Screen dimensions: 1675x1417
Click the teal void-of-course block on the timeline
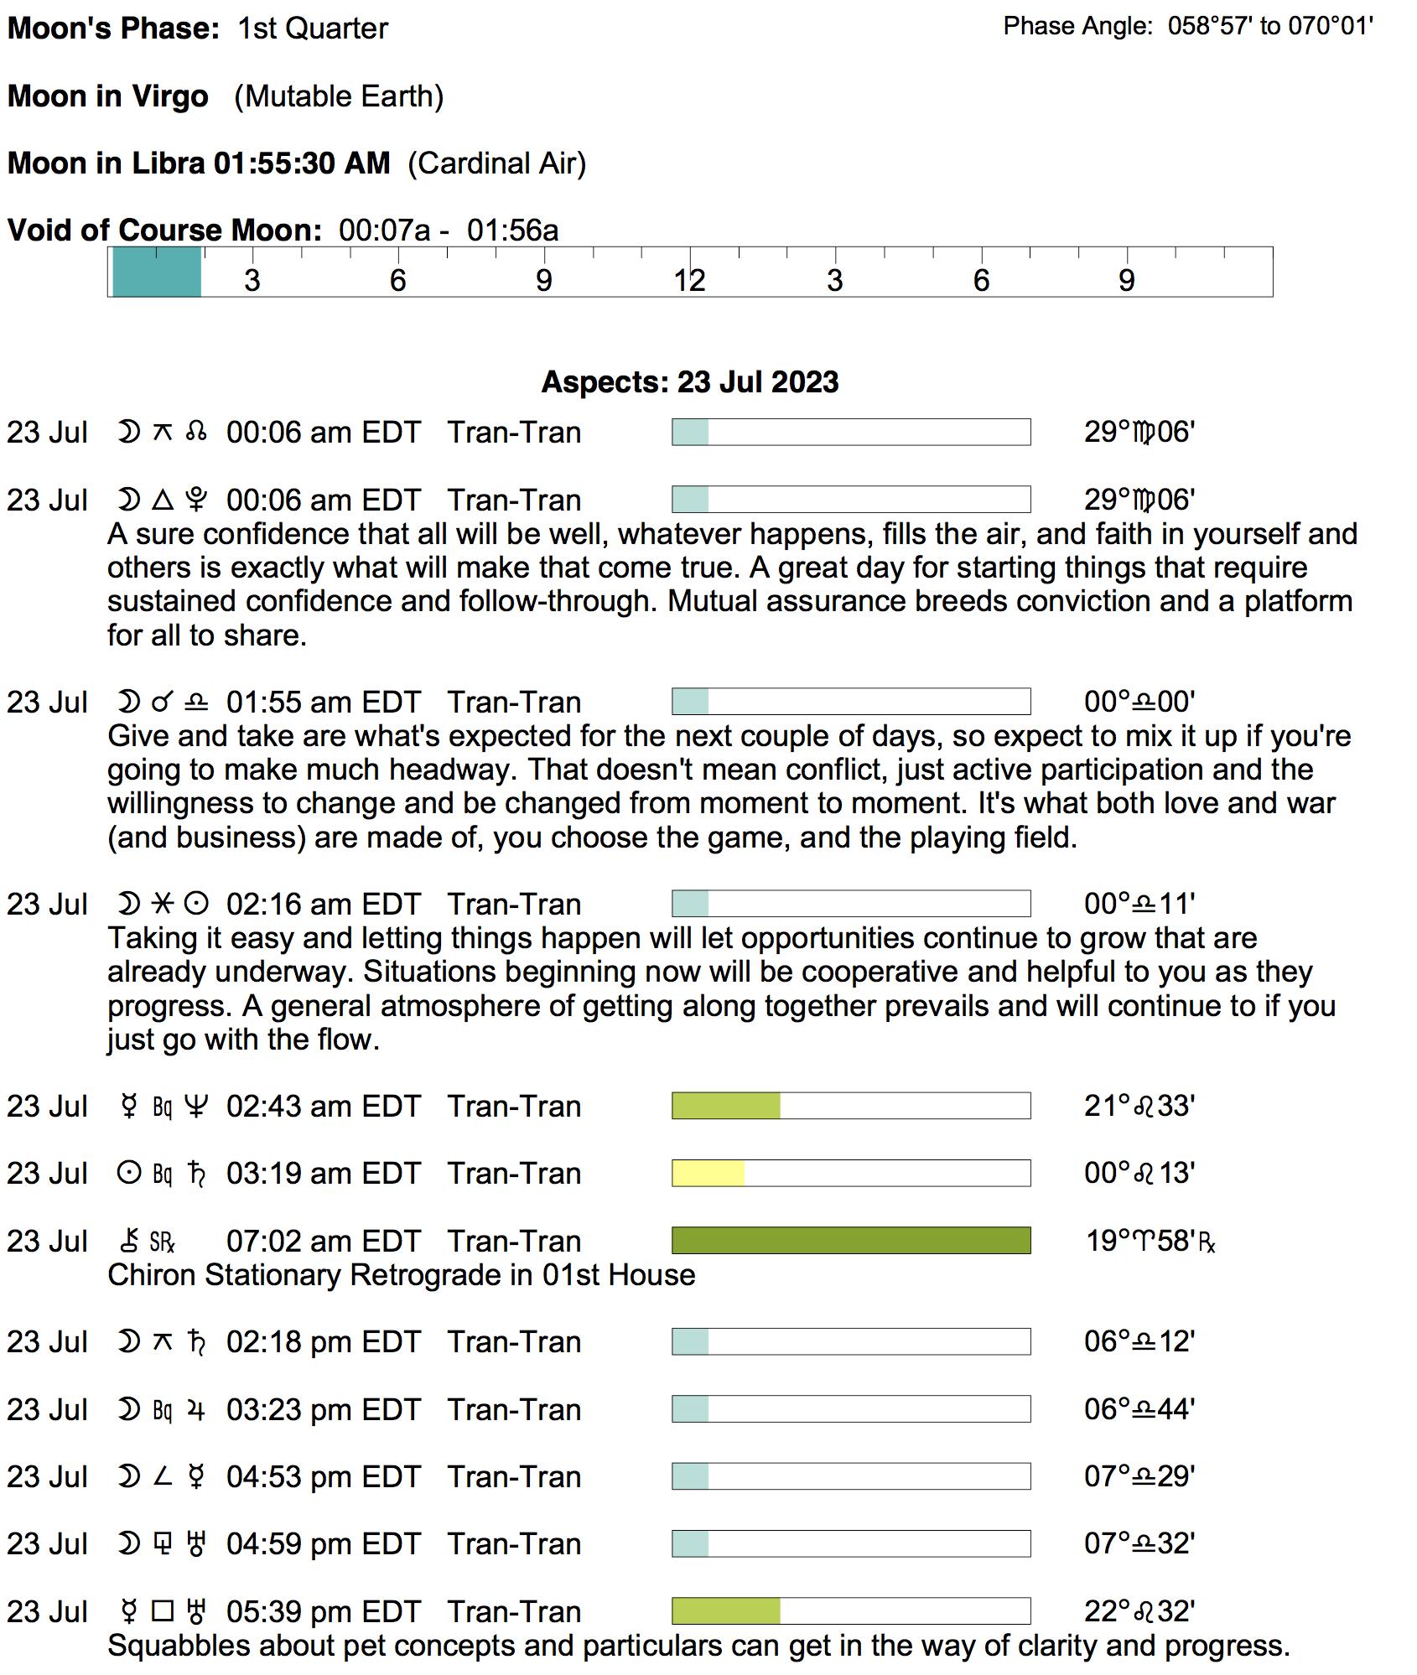(157, 272)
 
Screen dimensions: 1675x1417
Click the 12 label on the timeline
(689, 281)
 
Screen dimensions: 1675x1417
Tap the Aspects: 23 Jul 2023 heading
(689, 382)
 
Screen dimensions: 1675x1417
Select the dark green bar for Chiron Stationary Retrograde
(850, 1241)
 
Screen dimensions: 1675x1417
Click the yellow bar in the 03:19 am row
(708, 1173)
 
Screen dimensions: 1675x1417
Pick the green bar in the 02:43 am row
(725, 1106)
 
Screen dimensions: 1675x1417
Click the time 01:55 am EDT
(323, 703)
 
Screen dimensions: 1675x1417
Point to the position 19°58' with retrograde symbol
(1150, 1241)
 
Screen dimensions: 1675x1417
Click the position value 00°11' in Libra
(1139, 905)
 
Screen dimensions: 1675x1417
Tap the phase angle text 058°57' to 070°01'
(1270, 27)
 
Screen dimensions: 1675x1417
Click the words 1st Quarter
(313, 29)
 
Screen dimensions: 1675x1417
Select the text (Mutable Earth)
(339, 97)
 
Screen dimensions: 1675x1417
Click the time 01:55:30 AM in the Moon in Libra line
(302, 163)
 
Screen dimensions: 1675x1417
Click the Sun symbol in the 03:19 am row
(128, 1173)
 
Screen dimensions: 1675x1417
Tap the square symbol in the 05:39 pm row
(163, 1611)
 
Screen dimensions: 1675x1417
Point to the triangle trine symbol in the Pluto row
(163, 500)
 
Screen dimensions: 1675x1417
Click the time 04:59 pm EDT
(323, 1544)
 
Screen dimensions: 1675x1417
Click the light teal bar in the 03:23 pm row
(690, 1409)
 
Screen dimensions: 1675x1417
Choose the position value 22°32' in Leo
(1139, 1611)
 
